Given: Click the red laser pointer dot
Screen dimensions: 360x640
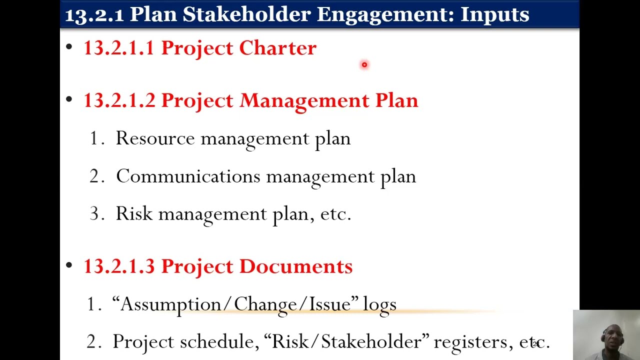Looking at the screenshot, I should [x=364, y=64].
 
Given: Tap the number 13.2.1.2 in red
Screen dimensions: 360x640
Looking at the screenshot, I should [x=119, y=100].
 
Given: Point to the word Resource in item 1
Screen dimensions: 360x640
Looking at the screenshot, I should [x=155, y=138].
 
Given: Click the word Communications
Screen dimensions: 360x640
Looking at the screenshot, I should [x=188, y=176].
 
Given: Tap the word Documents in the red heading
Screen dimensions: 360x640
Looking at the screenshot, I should [x=295, y=266].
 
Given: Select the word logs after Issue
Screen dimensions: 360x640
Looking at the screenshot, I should [x=379, y=304].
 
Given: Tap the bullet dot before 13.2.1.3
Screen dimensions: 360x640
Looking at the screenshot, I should [x=69, y=266].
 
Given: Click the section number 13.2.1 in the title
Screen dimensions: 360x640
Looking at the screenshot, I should [x=94, y=14].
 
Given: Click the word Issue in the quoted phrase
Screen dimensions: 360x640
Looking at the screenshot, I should [x=330, y=304].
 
